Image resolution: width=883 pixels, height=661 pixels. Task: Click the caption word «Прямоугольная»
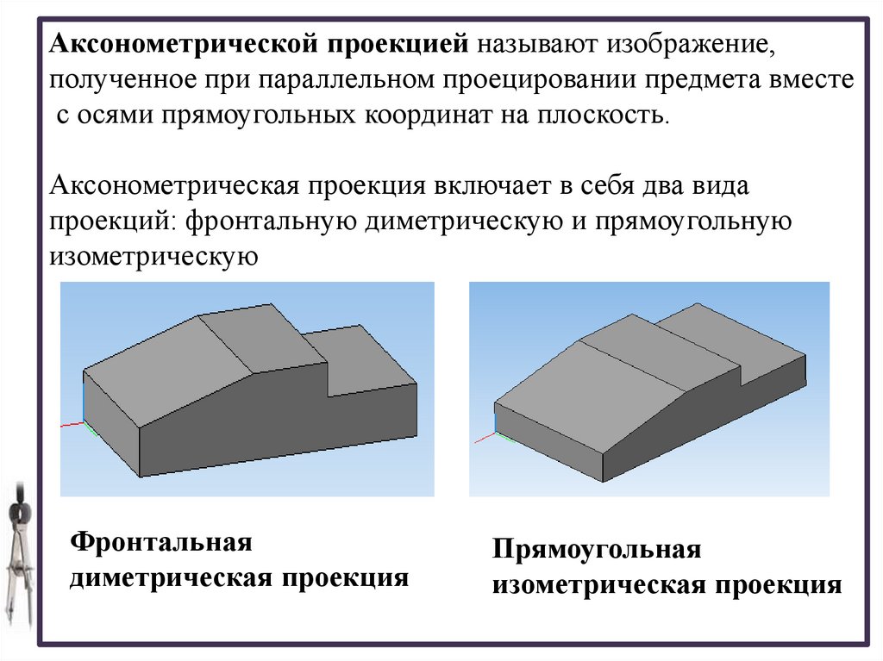click(x=596, y=550)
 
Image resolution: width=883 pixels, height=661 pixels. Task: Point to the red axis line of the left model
click(x=72, y=423)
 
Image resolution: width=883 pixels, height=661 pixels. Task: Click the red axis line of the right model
click(x=485, y=439)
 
